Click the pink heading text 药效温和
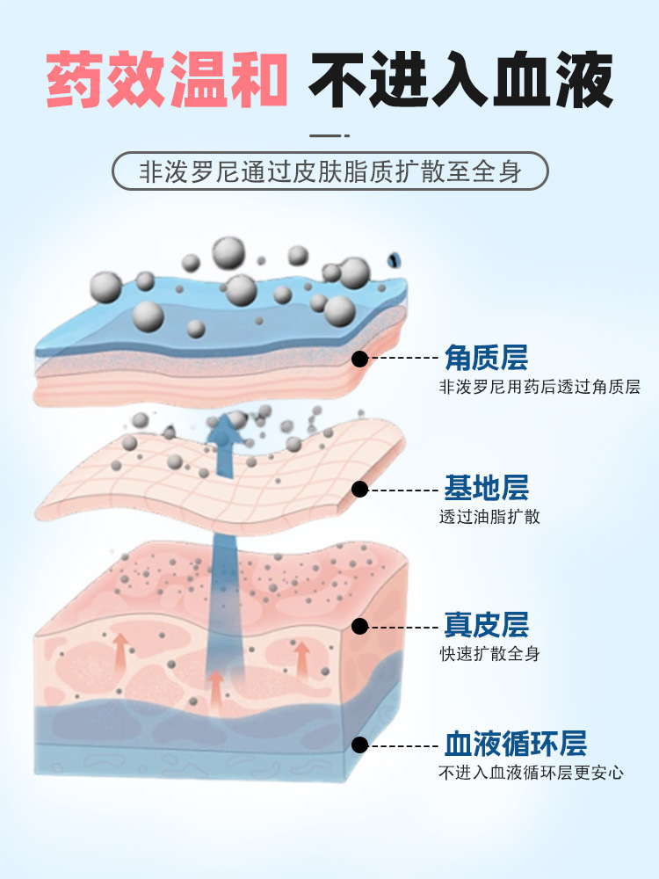[x=167, y=82]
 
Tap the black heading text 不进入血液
[x=460, y=82]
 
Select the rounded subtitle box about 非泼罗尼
[x=329, y=172]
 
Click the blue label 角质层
[x=486, y=358]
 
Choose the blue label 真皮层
[x=486, y=625]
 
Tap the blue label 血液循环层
[x=515, y=744]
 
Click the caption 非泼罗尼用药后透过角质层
[x=540, y=387]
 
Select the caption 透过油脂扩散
[x=489, y=517]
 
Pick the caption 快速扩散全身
[x=489, y=654]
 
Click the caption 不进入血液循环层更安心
[x=531, y=773]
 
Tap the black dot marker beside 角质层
[x=359, y=358]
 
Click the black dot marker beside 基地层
[x=359, y=489]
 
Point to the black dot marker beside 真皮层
[x=359, y=626]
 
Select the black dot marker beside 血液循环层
[x=359, y=745]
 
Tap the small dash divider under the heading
[x=329, y=136]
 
